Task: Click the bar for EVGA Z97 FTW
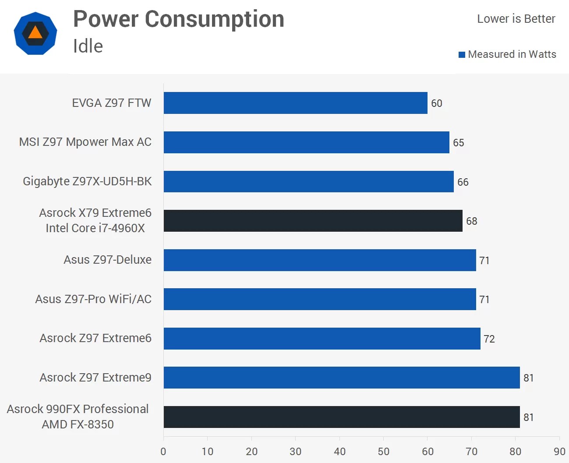[x=295, y=103]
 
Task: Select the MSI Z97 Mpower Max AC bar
[x=306, y=142]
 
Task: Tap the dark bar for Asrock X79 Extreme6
[x=313, y=221]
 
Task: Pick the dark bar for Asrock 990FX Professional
[x=342, y=417]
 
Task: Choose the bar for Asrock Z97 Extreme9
[x=342, y=378]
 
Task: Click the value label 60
[x=436, y=103]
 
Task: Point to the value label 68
[x=471, y=221]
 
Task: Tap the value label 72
[x=489, y=339]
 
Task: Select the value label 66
[x=463, y=182]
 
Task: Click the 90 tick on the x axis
[x=559, y=452]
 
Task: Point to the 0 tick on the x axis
[x=163, y=452]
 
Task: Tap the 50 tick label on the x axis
[x=383, y=452]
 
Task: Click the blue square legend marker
[x=462, y=55]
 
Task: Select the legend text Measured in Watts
[x=512, y=54]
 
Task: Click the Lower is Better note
[x=516, y=19]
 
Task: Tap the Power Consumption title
[x=179, y=19]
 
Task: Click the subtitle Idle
[x=88, y=46]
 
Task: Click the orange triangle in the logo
[x=35, y=33]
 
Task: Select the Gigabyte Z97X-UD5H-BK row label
[x=87, y=181]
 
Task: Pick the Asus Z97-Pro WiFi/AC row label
[x=93, y=299]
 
